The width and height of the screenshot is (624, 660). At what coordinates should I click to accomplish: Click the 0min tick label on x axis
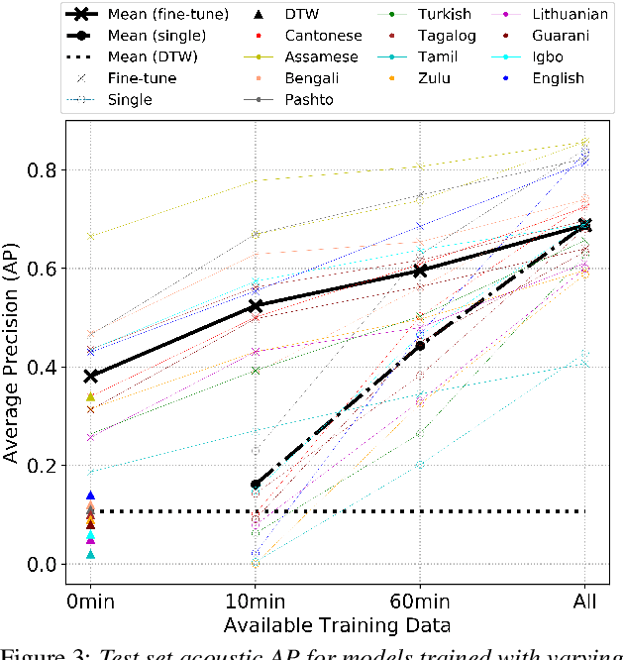[91, 603]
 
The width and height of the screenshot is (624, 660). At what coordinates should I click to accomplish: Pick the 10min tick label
[255, 603]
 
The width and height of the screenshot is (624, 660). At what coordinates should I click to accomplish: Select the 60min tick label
[419, 603]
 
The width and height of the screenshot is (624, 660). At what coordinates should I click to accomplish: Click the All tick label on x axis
[583, 603]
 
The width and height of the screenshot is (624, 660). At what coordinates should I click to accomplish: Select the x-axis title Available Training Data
[337, 625]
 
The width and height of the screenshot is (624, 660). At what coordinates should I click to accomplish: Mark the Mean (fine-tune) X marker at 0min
[91, 377]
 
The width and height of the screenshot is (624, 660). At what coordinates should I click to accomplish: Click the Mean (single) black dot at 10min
[256, 485]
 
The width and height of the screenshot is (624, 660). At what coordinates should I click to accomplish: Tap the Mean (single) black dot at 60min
[420, 346]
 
